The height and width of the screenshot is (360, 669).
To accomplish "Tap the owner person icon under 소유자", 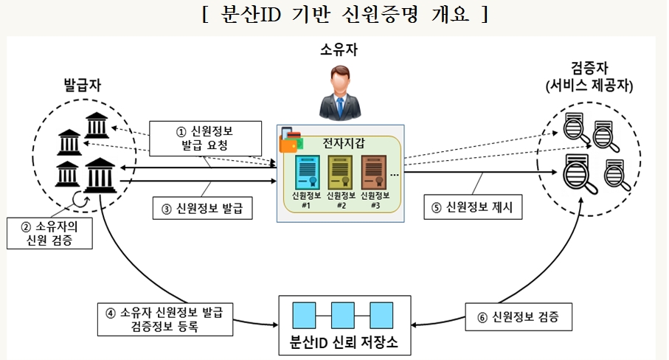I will coord(339,92).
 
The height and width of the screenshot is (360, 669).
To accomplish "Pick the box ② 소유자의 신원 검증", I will coord(49,232).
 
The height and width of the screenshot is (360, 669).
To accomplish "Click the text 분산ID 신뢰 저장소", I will coord(346,343).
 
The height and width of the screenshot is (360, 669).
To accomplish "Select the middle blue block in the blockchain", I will coord(344,314).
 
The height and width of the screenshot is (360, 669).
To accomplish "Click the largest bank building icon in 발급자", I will coord(100,174).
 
